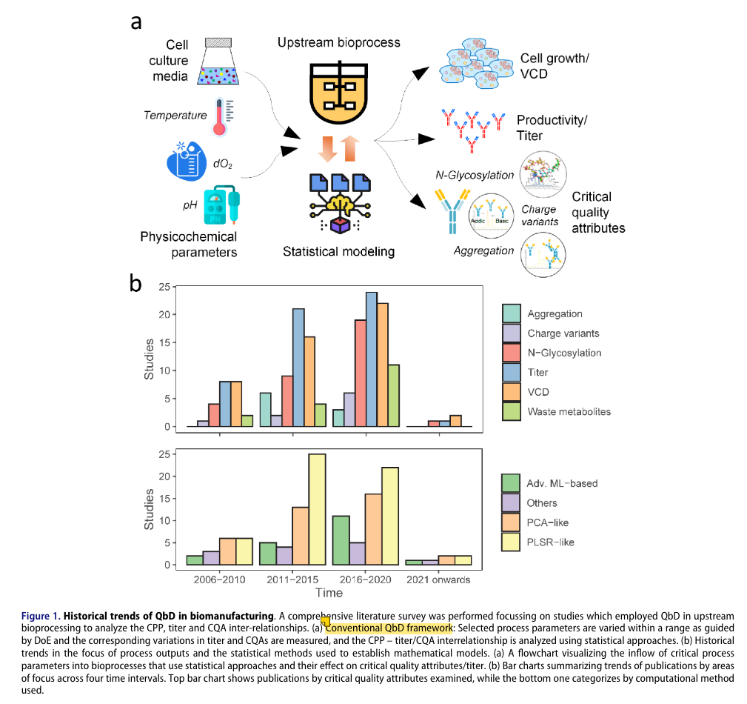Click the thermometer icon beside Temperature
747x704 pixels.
click(x=219, y=117)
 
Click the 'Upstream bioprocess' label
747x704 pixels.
click(x=338, y=42)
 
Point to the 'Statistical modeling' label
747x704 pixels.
click(x=338, y=251)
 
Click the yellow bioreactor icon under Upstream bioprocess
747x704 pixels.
click(x=339, y=92)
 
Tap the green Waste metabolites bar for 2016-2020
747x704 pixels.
click(x=395, y=396)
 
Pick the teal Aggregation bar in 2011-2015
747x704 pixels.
click(x=265, y=410)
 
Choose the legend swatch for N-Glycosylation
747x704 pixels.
click(x=511, y=353)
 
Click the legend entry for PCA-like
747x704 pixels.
click(x=548, y=522)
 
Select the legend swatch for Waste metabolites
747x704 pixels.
click(x=511, y=411)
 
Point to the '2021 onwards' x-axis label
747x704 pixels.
click(x=438, y=580)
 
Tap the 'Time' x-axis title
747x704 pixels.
click(x=329, y=593)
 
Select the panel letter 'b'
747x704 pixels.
click(x=135, y=284)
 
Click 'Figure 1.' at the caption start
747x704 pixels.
click(x=41, y=616)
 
